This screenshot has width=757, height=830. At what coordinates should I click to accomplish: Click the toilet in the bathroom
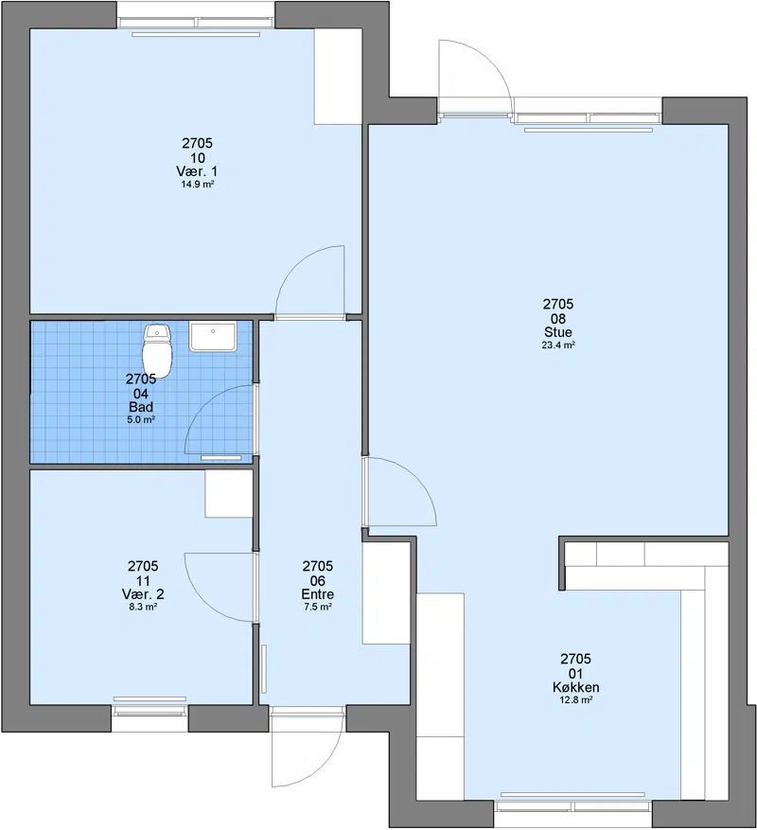158,351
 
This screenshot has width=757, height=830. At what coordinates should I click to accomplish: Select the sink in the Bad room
212,337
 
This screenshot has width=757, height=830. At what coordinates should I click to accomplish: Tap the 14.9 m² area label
198,185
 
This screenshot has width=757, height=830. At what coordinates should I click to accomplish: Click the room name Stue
558,332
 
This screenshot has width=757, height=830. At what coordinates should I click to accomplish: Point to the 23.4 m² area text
558,345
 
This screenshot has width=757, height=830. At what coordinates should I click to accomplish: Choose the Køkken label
575,687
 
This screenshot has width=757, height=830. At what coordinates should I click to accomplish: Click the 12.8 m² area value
575,700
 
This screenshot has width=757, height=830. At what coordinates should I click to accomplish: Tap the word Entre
318,594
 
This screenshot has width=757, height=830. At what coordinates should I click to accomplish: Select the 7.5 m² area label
318,608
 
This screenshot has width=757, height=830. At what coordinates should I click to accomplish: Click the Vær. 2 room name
143,594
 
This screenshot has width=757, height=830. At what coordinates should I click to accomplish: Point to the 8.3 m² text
143,608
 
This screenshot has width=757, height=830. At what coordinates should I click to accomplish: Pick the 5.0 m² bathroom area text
141,420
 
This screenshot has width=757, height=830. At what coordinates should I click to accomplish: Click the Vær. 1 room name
197,171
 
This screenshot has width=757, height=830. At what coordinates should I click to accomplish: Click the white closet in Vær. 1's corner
338,77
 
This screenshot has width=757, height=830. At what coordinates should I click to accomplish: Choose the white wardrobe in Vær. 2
229,493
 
